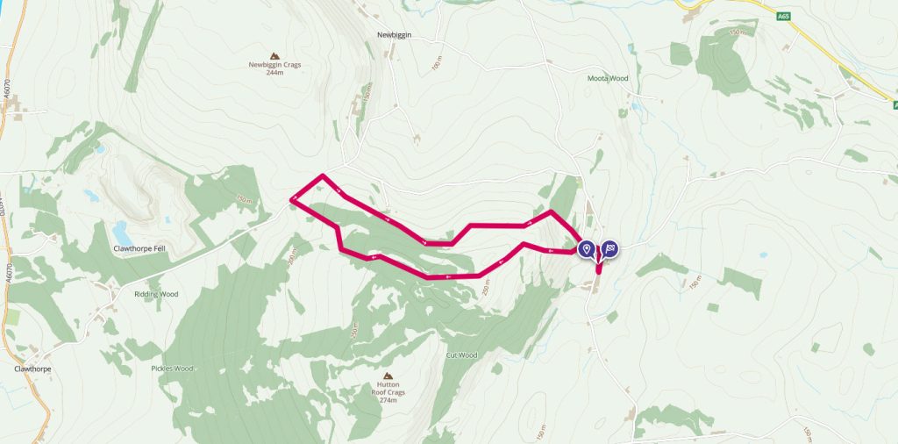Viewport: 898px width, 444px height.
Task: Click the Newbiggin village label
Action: click(x=394, y=35)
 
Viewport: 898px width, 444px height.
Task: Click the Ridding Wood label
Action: click(x=155, y=294)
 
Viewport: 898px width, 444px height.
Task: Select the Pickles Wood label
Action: click(x=171, y=369)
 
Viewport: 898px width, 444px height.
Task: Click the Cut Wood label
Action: click(x=460, y=355)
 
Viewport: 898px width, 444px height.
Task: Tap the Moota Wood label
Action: click(x=608, y=78)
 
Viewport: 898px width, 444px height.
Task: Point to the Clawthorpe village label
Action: click(x=32, y=369)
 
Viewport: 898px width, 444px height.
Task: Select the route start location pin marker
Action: click(x=586, y=249)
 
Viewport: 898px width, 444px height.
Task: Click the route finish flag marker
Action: click(x=609, y=249)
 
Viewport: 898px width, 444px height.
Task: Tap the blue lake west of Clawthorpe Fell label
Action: click(x=122, y=233)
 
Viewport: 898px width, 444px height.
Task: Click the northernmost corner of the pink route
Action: click(x=323, y=176)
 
